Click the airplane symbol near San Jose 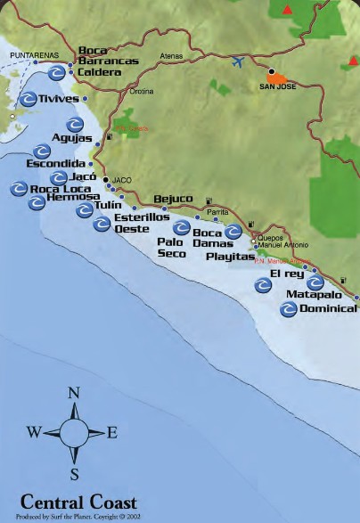237,62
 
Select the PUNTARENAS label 27,55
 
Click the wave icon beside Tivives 29,99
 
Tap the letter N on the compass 74,394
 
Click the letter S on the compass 75,473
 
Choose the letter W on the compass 34,433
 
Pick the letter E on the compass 112,433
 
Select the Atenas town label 171,56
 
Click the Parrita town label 217,212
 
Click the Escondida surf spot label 56,164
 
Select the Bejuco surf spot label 173,199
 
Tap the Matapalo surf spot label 308,293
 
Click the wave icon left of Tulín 84,210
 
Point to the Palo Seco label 171,247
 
